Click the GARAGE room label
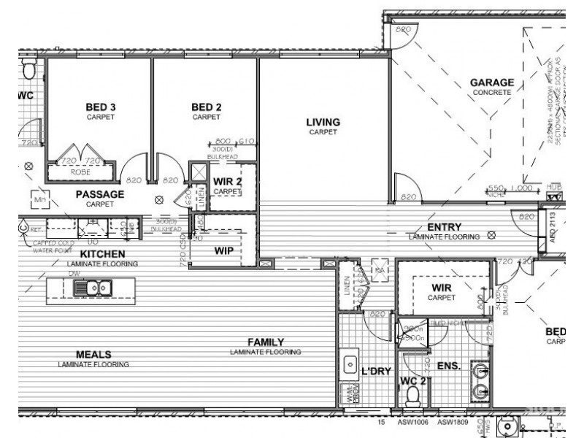pos(491,83)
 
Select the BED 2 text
pos(206,107)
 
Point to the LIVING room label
pos(323,122)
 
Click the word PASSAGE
pos(100,194)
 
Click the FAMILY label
pos(265,342)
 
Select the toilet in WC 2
pos(413,396)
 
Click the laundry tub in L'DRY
pos(349,363)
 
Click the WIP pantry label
pos(223,250)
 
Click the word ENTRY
pos(442,227)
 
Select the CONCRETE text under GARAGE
pos(491,93)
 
